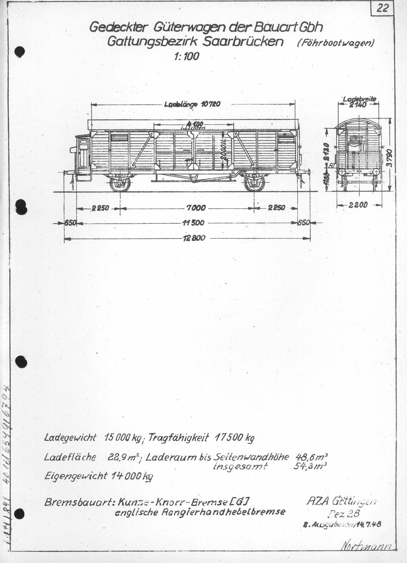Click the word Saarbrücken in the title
pos(243,42)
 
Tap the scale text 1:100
pos(187,57)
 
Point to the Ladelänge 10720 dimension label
pos(192,104)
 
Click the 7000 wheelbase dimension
pos(196,208)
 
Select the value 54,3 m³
pos(311,467)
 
